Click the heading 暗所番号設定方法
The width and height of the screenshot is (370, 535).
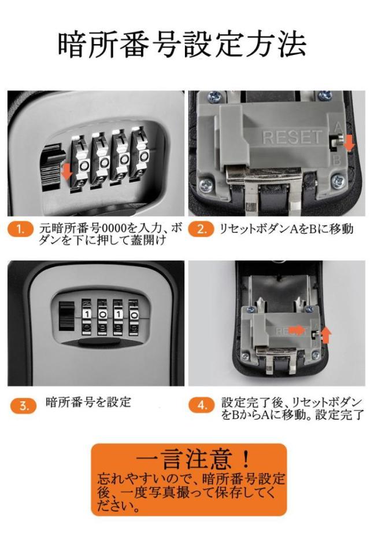(x=182, y=45)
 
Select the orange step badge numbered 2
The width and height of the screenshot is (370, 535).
(x=201, y=229)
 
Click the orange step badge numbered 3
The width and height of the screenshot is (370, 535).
(x=23, y=406)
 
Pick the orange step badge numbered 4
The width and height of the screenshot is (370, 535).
(x=202, y=405)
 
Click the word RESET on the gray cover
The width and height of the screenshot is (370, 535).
(x=292, y=137)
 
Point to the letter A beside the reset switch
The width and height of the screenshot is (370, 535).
(x=338, y=127)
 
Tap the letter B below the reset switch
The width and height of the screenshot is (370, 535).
(x=336, y=160)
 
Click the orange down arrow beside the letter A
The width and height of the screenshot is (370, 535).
(x=349, y=142)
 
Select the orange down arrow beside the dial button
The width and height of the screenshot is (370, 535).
(x=68, y=171)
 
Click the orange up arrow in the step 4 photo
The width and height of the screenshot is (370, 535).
(x=326, y=335)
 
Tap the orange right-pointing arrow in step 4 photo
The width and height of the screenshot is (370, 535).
(x=297, y=329)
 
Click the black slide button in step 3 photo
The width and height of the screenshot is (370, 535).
(x=67, y=316)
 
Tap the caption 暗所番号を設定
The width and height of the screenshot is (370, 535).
(x=88, y=402)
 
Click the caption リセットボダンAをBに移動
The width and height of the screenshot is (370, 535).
(x=286, y=229)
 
